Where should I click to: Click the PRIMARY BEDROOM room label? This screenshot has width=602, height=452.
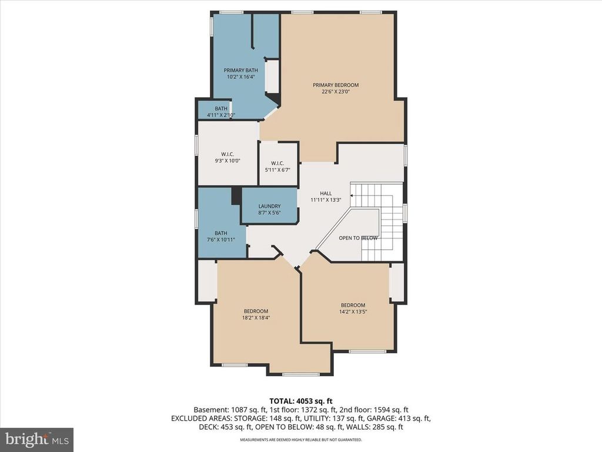(x=335, y=85)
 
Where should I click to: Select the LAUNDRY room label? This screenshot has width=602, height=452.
(x=269, y=206)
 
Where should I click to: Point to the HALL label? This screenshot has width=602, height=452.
(x=326, y=193)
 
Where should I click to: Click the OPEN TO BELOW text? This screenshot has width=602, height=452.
(x=358, y=238)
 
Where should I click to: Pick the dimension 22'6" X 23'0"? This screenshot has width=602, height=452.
(x=335, y=92)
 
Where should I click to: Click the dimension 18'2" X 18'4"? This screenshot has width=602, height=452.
(x=256, y=318)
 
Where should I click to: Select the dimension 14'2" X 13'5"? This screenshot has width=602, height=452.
(x=353, y=312)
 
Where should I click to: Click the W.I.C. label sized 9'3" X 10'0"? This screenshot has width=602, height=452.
(x=228, y=154)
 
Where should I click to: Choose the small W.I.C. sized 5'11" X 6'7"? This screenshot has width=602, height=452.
(x=277, y=163)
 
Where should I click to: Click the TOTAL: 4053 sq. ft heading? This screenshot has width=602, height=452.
(x=300, y=400)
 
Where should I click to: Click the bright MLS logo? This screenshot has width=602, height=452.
(x=36, y=439)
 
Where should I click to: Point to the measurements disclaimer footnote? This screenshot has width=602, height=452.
(x=300, y=440)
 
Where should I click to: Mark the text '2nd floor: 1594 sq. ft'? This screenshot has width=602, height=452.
(x=376, y=410)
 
